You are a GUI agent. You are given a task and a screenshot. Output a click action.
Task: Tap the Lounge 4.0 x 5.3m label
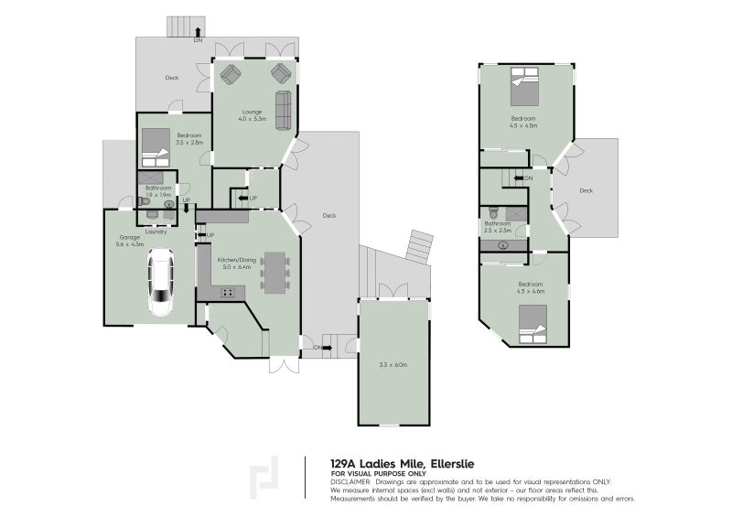(x=251, y=116)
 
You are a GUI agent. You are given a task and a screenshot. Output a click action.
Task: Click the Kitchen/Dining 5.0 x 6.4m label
(x=237, y=263)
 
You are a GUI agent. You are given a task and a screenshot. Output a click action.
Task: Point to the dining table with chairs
(x=274, y=272)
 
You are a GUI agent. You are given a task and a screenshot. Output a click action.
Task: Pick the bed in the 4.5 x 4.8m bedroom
(x=524, y=92)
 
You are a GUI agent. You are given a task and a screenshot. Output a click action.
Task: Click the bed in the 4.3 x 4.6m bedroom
(x=531, y=324)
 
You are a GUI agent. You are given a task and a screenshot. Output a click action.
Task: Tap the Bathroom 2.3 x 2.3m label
(x=498, y=226)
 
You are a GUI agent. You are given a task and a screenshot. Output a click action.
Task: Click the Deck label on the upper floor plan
(x=586, y=190)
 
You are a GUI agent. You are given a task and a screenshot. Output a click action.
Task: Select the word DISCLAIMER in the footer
(x=352, y=480)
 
